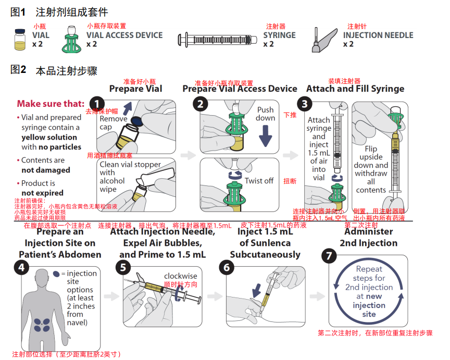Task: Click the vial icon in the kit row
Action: [20, 39]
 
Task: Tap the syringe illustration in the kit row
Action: [219, 39]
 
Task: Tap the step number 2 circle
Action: [199, 104]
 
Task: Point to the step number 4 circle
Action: [22, 268]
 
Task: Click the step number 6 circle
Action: [226, 268]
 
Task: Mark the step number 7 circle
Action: [328, 256]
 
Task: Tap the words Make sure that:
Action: [50, 104]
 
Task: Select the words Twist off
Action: [259, 181]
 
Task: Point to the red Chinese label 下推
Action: [290, 115]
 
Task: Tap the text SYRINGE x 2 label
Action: [279, 40]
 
